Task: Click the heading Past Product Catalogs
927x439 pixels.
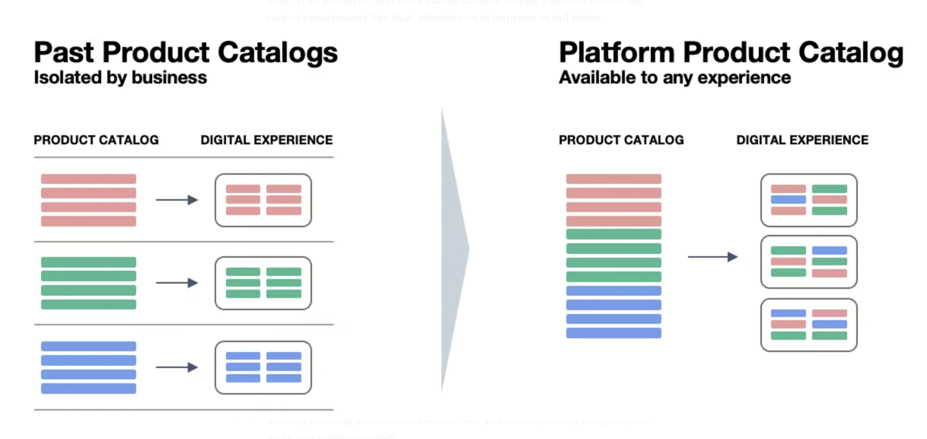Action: pyautogui.click(x=185, y=53)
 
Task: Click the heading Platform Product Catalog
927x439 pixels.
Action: pyautogui.click(x=730, y=53)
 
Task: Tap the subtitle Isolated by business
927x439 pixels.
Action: pyautogui.click(x=120, y=77)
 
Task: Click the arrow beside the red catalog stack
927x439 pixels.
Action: pyautogui.click(x=177, y=200)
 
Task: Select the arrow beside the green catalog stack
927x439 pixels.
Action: pyautogui.click(x=177, y=283)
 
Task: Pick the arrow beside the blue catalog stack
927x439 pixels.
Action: pyautogui.click(x=177, y=367)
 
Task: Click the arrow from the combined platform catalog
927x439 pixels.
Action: pyautogui.click(x=712, y=257)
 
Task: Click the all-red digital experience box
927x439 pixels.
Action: pyautogui.click(x=263, y=200)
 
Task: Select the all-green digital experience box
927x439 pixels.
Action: pyautogui.click(x=263, y=283)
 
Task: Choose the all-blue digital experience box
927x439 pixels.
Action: pyautogui.click(x=263, y=368)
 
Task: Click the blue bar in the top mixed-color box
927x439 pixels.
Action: pyautogui.click(x=788, y=200)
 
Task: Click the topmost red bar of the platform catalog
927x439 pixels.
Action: pyautogui.click(x=613, y=179)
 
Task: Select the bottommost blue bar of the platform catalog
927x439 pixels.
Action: pyautogui.click(x=613, y=333)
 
